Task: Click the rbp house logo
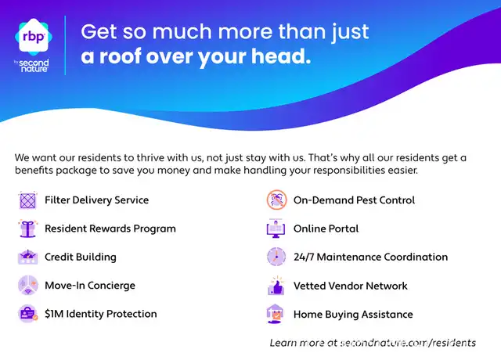(x=34, y=37)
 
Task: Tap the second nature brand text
(x=34, y=66)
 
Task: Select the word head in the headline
(x=281, y=56)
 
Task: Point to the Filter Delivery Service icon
(x=28, y=200)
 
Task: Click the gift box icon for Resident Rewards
(x=28, y=229)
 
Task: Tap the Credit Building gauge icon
(x=28, y=257)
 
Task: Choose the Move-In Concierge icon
(x=28, y=285)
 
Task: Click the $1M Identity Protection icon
(x=28, y=313)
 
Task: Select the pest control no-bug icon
(x=276, y=200)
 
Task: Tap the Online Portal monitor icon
(x=276, y=229)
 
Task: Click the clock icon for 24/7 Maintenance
(x=276, y=257)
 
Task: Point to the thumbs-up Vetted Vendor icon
(x=276, y=286)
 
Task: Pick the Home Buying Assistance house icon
(x=275, y=314)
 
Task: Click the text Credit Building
(x=81, y=257)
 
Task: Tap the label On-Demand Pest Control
(x=355, y=200)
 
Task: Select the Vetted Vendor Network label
(x=351, y=286)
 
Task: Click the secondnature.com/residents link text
(x=408, y=343)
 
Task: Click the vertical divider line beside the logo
(x=65, y=45)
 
